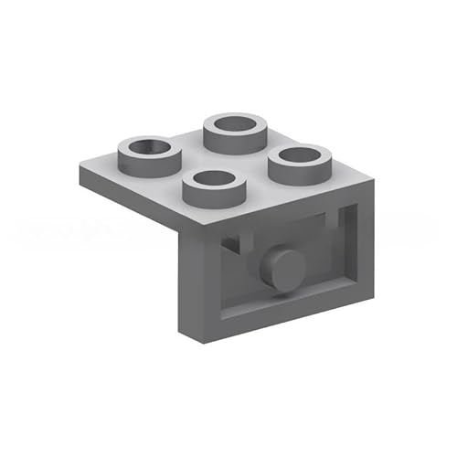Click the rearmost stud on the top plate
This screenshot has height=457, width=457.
tap(236, 133)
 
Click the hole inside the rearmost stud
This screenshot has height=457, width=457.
tap(236, 123)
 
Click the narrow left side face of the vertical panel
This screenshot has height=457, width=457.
tap(186, 283)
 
